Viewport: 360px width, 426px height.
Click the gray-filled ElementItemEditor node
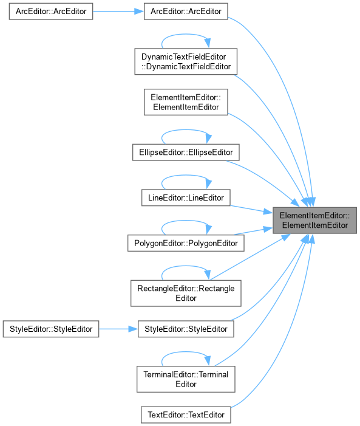314,221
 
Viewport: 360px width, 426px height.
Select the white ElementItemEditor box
186,102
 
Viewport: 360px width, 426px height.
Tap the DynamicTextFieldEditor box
186,61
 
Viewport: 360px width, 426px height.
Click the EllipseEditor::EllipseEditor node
186,153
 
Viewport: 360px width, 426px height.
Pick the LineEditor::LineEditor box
186,198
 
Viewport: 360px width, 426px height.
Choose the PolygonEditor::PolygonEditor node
186,243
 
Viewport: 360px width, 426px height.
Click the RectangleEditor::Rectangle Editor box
186,294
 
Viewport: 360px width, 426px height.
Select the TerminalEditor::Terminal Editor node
186,379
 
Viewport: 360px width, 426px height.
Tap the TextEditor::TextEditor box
186,415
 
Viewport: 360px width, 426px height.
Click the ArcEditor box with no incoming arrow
51,12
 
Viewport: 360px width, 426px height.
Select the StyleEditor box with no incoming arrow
51,329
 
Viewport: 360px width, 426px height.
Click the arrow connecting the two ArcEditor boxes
118,12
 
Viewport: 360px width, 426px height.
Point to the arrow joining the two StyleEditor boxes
118,329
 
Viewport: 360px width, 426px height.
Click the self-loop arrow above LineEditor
186,176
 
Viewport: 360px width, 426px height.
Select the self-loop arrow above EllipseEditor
186,130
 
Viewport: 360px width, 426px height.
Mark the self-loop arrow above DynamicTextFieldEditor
186,35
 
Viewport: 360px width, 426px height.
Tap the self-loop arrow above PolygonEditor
186,221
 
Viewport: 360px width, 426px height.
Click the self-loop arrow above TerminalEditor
186,352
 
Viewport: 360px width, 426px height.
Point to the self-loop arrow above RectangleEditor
186,266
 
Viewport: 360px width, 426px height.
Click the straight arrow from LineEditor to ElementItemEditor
251,210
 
